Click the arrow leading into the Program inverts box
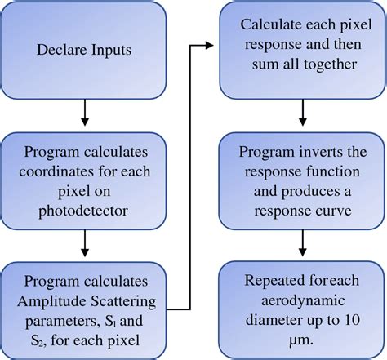(x=301, y=113)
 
